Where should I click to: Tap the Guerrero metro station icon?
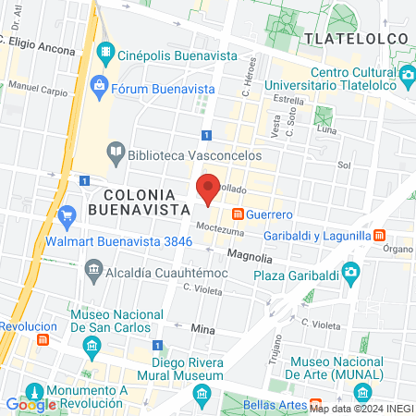point(239,214)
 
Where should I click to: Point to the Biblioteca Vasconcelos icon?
point(116,151)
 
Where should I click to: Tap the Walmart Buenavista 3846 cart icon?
point(66,218)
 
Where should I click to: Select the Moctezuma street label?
point(219,227)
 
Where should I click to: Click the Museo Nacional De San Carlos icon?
point(91,348)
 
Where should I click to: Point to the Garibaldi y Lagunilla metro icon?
point(380,236)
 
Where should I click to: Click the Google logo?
point(31,404)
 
